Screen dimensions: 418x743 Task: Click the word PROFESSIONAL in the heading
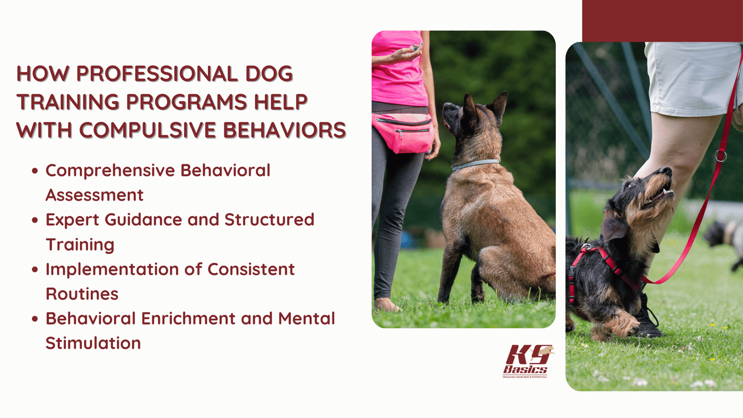coord(157,74)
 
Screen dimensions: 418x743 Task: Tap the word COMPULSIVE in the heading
coord(148,131)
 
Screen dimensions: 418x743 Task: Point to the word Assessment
coord(94,195)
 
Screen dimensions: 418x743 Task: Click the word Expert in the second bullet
coord(72,220)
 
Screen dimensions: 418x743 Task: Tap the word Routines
coord(82,294)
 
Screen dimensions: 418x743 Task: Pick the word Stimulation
coord(93,343)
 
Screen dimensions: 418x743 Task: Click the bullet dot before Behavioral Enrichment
coord(35,319)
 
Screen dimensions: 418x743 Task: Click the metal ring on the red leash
coord(720,156)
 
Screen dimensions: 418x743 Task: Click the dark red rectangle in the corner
coord(662,21)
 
